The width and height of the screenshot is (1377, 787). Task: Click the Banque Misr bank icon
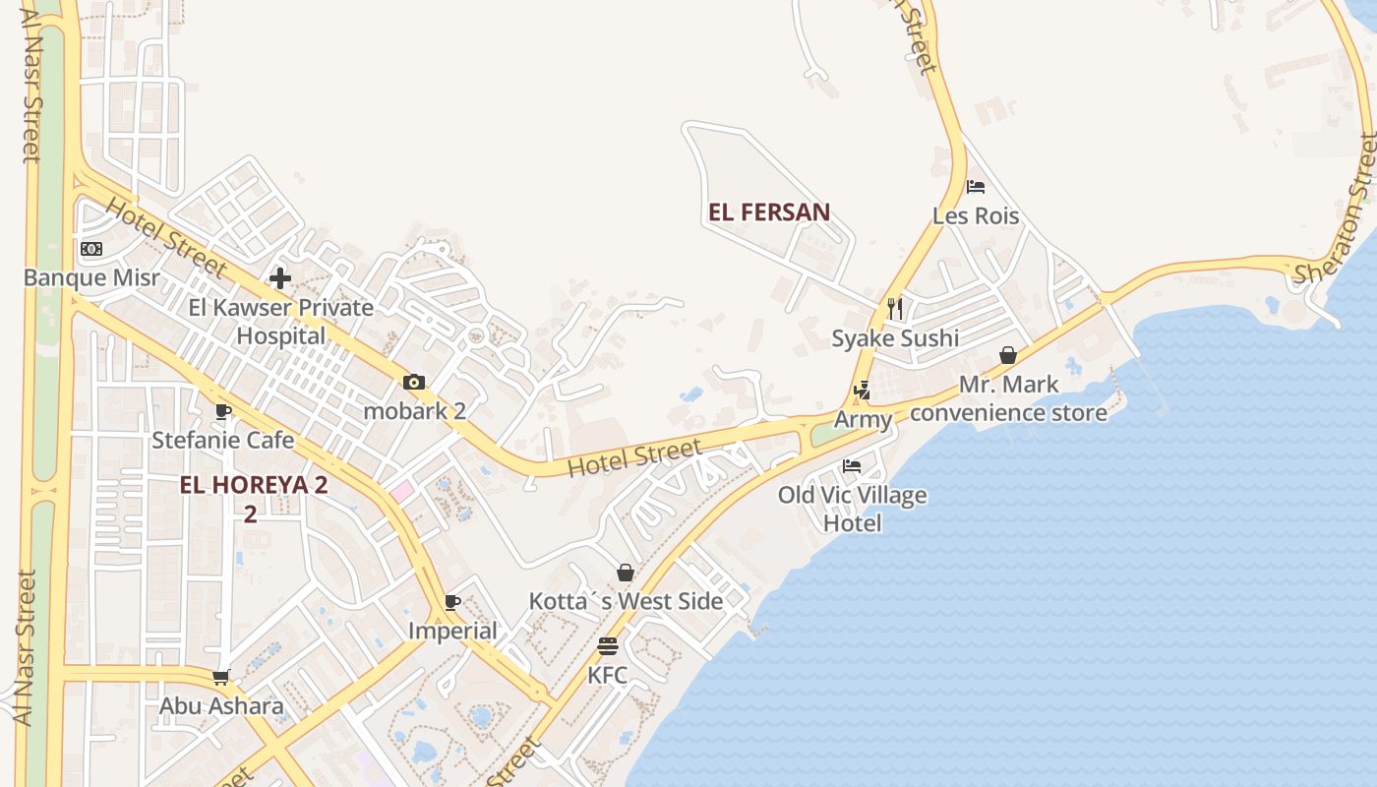(x=91, y=249)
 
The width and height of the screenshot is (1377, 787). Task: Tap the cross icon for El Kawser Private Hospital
(x=280, y=278)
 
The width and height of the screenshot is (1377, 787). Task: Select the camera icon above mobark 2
(x=414, y=382)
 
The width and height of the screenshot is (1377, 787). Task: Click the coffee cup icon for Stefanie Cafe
(x=223, y=411)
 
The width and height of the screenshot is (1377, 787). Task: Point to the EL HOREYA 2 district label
(x=254, y=485)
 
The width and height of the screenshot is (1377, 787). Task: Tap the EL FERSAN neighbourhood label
(x=769, y=212)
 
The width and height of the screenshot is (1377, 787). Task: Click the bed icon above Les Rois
(x=976, y=186)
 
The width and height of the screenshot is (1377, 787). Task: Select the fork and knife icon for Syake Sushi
(x=895, y=309)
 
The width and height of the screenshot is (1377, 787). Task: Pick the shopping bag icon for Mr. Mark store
(x=1008, y=355)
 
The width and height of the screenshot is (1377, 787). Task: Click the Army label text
(x=864, y=420)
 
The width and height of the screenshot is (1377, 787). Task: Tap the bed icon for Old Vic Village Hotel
(x=852, y=465)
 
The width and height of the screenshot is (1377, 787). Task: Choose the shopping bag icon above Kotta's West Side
(x=625, y=573)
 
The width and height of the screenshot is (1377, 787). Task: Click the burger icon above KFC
(x=607, y=646)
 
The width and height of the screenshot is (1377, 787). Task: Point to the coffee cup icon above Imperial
(x=452, y=602)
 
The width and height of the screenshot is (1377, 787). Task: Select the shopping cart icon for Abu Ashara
(x=221, y=677)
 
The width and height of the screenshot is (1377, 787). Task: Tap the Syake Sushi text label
(x=895, y=338)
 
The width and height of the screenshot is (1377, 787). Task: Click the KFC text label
(x=607, y=676)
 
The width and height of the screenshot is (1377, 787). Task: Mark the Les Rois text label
(x=976, y=215)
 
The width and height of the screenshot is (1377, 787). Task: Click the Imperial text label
(x=452, y=631)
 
